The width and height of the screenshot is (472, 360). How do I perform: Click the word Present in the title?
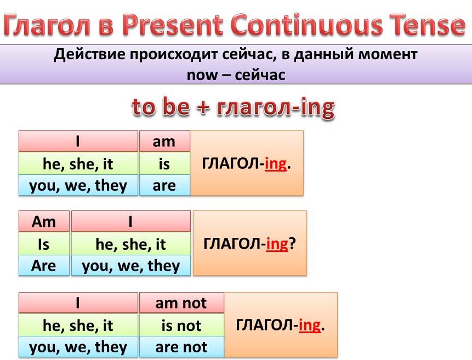coord(173,24)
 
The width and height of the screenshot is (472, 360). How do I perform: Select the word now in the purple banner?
coord(202,75)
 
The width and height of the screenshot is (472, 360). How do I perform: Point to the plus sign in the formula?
coord(203,107)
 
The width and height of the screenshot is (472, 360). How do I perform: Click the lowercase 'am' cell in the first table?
coord(164,141)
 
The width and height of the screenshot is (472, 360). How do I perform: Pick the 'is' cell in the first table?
coord(164,163)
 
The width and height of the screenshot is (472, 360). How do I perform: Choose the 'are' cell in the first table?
coord(164,185)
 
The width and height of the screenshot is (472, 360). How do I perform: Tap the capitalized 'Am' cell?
coord(44,221)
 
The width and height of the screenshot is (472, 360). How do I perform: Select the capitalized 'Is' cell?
coord(44,244)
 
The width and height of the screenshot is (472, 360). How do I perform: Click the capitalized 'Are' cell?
coord(44,266)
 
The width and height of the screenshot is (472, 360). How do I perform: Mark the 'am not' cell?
coord(181,303)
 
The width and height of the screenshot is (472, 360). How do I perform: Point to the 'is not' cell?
coord(181,325)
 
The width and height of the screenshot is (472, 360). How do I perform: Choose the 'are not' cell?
coord(181,347)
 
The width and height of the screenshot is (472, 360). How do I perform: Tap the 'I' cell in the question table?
coord(130,221)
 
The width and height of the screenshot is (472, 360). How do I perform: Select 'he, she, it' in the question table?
coord(130,244)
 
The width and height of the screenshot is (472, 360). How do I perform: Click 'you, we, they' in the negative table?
coord(78,347)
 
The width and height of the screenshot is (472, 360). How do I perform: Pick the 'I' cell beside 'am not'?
coord(78,303)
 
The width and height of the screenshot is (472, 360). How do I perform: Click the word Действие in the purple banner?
coord(90,54)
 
